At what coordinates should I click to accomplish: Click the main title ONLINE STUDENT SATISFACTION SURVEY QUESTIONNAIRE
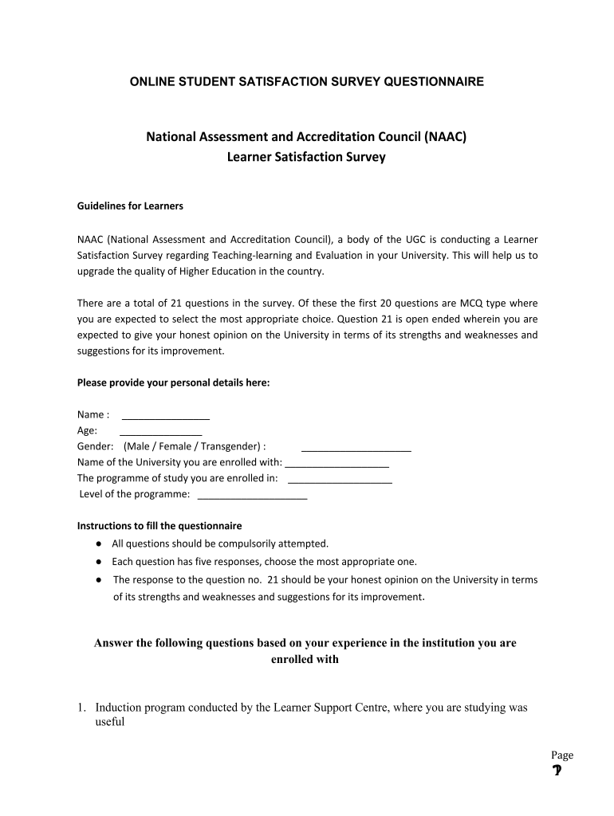coord(307,82)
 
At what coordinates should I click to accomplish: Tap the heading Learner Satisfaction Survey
coord(306,157)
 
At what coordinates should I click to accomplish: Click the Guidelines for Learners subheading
coord(130,206)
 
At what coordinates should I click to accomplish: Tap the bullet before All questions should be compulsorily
coord(97,543)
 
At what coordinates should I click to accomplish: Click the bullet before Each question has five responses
coord(97,561)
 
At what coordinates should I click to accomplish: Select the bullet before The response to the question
coord(97,579)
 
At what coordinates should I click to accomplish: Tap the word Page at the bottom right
coord(561,755)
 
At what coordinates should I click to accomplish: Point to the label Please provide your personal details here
coord(173,382)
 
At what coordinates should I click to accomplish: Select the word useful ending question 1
coord(110,724)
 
